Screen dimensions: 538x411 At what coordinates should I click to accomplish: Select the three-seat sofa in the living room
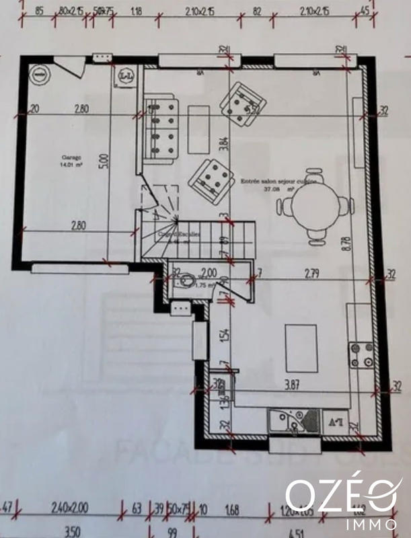tap(162, 127)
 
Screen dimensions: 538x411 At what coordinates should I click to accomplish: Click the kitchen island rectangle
tap(301, 346)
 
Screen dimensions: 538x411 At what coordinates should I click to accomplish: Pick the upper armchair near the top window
tap(243, 103)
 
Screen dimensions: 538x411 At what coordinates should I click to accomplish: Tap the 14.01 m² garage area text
tap(71, 164)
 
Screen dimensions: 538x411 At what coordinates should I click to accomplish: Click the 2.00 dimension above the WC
tap(209, 272)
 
